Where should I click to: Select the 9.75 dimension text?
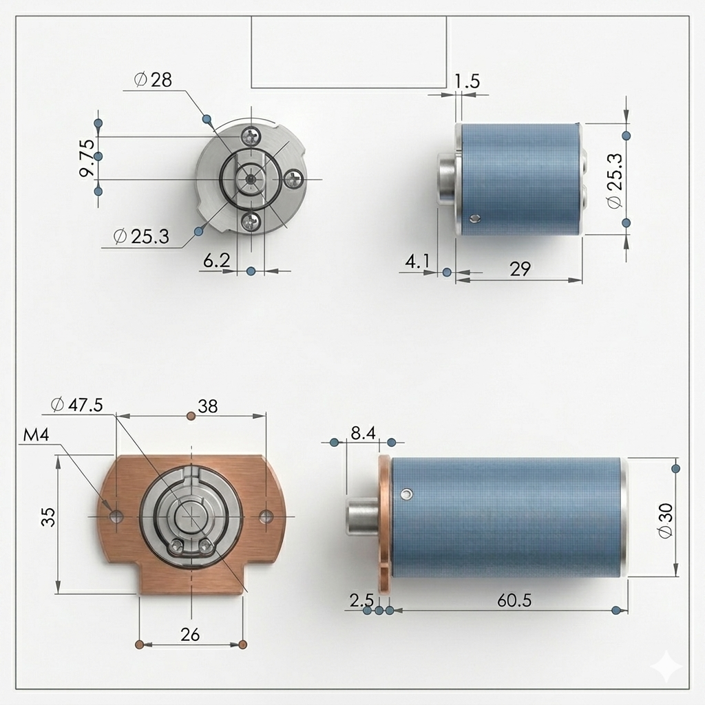[87, 159]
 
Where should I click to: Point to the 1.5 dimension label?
[467, 81]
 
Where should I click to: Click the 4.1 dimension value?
[417, 262]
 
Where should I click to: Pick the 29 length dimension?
[520, 269]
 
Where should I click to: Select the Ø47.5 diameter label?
[77, 405]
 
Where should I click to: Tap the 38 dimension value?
[207, 406]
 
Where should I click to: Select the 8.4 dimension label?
[363, 433]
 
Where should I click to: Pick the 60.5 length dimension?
[514, 600]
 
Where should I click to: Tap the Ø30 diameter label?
[665, 520]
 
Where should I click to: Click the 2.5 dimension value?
[361, 600]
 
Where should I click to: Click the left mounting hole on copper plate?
[114, 516]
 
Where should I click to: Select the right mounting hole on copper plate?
[266, 516]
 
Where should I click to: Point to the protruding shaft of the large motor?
[362, 516]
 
